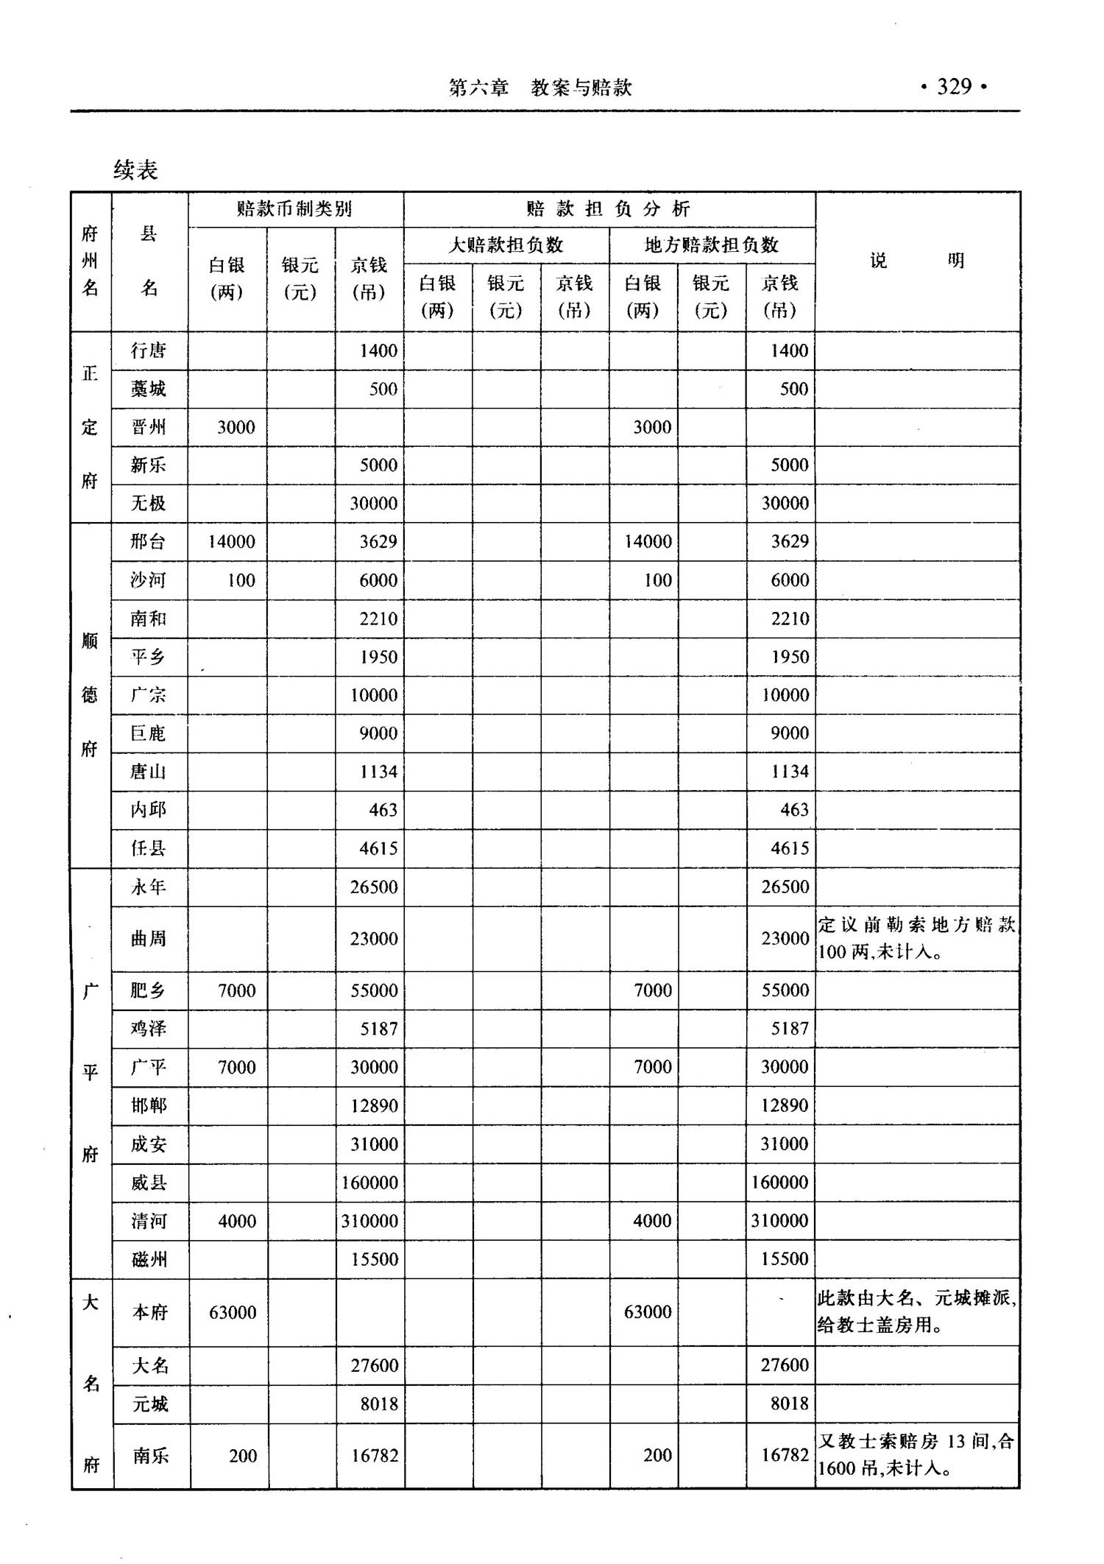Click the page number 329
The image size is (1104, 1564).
point(954,87)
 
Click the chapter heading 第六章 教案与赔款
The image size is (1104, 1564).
point(540,88)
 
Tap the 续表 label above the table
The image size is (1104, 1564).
point(135,170)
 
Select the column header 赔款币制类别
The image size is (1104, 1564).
point(294,209)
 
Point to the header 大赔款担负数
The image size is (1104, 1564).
point(506,245)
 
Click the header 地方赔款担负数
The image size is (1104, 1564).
point(711,245)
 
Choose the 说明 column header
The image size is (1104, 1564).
point(916,261)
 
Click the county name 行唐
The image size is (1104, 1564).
point(149,351)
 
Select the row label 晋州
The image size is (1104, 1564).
point(149,427)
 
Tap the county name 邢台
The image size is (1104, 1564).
point(149,542)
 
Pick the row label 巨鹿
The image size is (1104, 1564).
point(149,733)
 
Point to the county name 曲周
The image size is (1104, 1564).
point(149,938)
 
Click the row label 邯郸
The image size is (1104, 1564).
point(149,1105)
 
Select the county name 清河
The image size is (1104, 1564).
point(149,1221)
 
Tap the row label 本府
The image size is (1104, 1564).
point(150,1312)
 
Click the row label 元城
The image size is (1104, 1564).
point(150,1403)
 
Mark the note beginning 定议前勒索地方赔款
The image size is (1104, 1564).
point(916,938)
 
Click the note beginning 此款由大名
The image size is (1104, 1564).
point(916,1311)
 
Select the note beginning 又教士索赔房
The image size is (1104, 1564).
point(916,1455)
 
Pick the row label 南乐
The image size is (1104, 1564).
point(150,1456)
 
